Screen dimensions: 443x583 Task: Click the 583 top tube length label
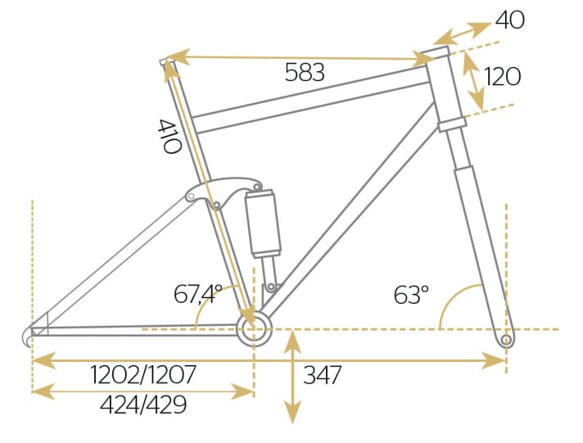pos(305,73)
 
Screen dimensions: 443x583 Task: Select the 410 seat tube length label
pos(169,138)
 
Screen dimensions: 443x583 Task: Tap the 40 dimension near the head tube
pos(509,19)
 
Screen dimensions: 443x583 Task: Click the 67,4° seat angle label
pos(198,294)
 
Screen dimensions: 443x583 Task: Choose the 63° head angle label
pos(411,294)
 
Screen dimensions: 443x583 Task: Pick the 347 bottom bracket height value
pos(322,376)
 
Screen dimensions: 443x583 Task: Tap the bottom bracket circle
pos(251,328)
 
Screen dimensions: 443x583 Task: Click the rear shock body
pos(264,221)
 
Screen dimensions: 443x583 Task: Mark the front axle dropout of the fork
pos(506,338)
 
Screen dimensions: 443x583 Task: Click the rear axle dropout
pos(33,335)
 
